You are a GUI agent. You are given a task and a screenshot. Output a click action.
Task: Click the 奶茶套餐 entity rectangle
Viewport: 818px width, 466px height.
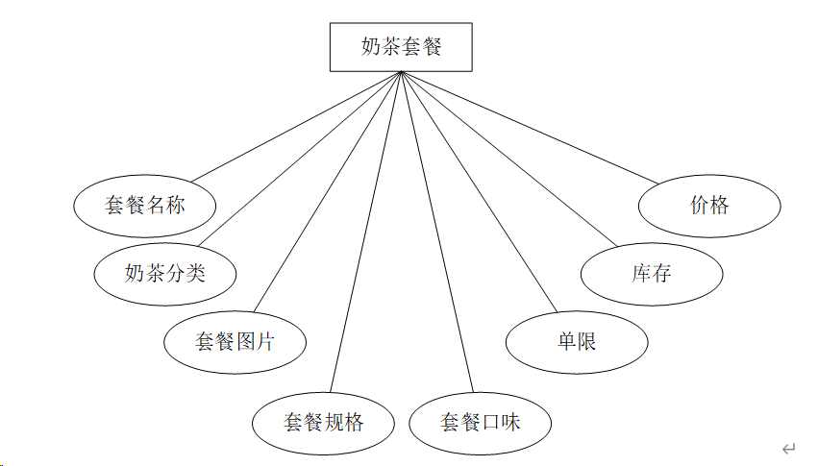pos(401,46)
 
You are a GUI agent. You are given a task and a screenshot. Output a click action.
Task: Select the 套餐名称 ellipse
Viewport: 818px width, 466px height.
pos(145,205)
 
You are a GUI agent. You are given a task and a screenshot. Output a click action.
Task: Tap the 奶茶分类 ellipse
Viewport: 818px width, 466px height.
pos(165,273)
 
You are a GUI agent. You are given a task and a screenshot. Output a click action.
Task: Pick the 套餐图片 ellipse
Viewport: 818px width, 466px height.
pos(235,341)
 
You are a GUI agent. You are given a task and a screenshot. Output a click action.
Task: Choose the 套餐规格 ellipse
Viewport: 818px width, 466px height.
pos(323,422)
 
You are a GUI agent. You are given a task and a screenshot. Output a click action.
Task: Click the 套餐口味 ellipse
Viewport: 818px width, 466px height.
pos(480,422)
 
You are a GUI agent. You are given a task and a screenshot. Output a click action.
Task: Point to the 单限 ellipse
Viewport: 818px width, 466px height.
pos(577,341)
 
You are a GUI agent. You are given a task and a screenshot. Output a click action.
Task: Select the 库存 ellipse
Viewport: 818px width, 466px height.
pos(651,273)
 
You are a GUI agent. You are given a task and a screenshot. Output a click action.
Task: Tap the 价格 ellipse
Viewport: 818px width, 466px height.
pos(709,205)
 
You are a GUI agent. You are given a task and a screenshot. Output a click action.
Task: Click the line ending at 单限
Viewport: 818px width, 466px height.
pos(478,192)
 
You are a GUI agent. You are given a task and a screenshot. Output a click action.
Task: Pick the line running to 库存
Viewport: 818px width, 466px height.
pos(508,159)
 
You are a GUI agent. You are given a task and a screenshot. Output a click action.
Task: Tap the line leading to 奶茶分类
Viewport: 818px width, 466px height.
pos(305,159)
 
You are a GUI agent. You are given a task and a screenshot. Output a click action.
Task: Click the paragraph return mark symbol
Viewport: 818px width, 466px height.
pos(789,449)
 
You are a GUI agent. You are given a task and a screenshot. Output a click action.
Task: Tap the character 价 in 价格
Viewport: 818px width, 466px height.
pos(699,205)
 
